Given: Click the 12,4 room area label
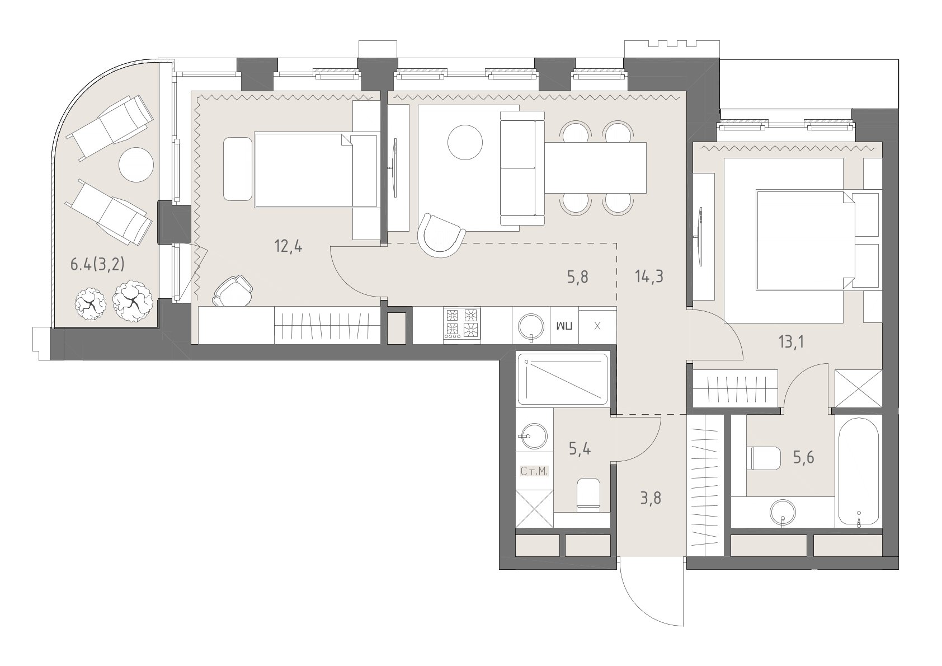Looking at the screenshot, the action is (x=288, y=246).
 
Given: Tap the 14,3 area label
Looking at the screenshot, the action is (x=649, y=276).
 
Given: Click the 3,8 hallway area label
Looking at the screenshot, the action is (x=650, y=498).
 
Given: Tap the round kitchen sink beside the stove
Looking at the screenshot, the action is (x=531, y=326).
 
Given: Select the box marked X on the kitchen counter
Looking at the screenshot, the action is (x=597, y=326).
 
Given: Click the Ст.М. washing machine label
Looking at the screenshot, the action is (x=534, y=471).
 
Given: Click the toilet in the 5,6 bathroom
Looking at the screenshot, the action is (x=765, y=458).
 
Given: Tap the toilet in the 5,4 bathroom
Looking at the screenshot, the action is (x=588, y=494).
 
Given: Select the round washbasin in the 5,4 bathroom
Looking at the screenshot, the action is (x=532, y=436).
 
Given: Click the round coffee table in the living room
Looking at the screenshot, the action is (x=465, y=142).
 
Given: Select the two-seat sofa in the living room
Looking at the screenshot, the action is (x=522, y=168).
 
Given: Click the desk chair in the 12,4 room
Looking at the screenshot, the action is (x=233, y=290).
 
